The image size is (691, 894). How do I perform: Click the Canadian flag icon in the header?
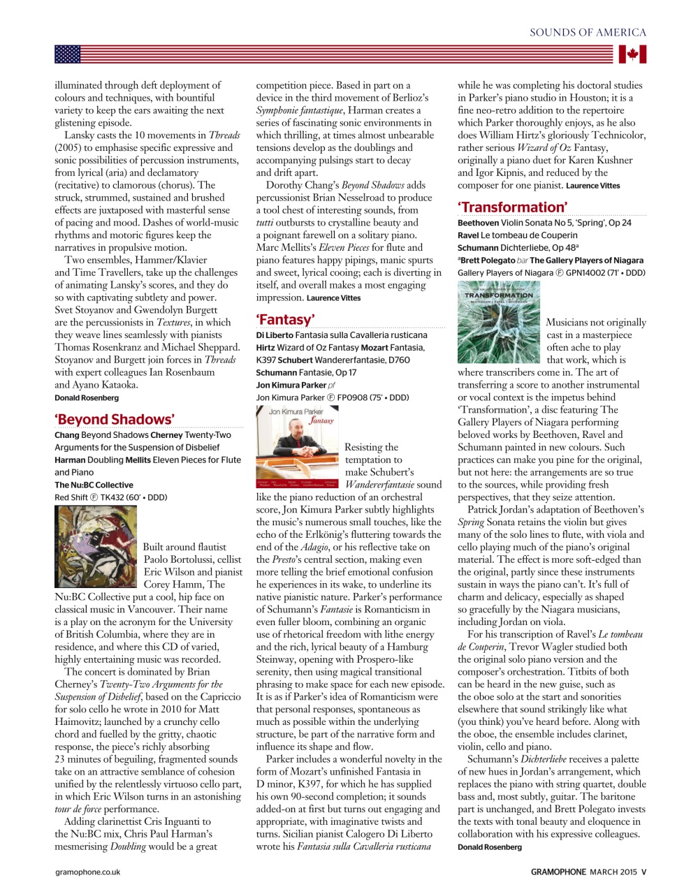632,54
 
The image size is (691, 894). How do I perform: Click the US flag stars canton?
68,54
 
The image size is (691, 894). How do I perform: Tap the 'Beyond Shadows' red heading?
115,419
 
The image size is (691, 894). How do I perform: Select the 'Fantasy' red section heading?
285,320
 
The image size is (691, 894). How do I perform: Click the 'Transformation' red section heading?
512,207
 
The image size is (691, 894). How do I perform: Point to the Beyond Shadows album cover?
96,547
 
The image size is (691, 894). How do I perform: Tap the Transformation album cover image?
499,322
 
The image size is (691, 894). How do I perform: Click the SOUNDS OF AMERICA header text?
588,32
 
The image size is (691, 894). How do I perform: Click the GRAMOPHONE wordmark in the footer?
558,872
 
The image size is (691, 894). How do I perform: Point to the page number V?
643,872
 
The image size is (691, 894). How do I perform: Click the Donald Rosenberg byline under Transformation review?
489,847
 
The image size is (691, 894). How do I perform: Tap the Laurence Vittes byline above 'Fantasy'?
333,298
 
